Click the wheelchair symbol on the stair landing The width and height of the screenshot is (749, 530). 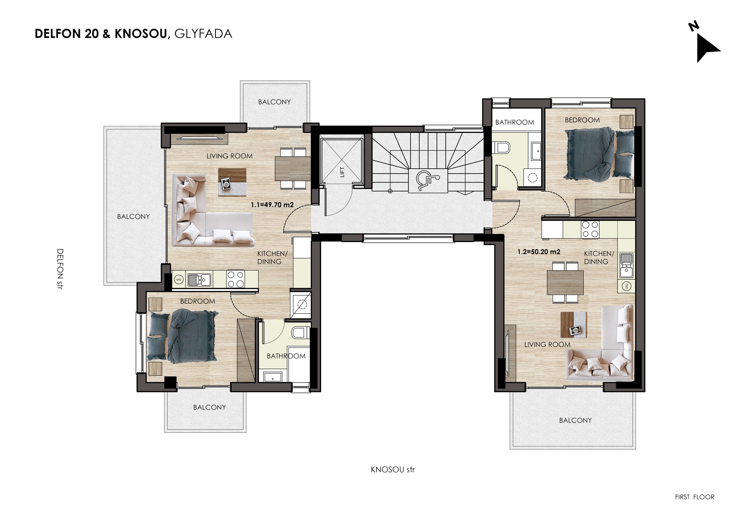pos(428,180)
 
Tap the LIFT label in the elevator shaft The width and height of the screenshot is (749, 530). pos(342,172)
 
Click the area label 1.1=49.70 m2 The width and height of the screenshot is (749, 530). pos(272,205)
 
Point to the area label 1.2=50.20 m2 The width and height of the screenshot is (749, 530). pos(539,252)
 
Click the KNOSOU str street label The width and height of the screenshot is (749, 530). pos(393,470)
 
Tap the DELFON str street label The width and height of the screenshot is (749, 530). pos(60,269)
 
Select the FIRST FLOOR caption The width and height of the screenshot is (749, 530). pos(695,497)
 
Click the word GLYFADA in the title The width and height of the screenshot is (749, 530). pos(203,34)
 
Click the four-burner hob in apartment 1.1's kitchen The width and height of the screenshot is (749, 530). pos(236,279)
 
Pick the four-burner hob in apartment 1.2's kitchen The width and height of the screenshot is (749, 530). pos(590,229)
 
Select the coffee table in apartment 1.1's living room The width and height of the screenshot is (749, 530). pos(232,182)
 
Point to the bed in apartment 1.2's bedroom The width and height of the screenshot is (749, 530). pos(599,154)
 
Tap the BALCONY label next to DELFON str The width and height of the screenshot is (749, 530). pos(133,216)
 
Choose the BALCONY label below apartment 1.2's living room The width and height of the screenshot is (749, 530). pos(576,420)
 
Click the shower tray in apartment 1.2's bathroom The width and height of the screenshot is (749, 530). pos(533,178)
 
